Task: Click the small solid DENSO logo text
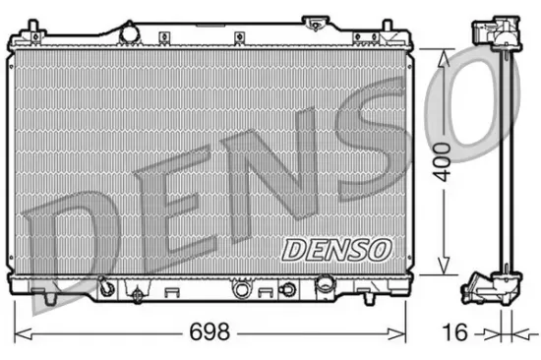pyautogui.click(x=336, y=250)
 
